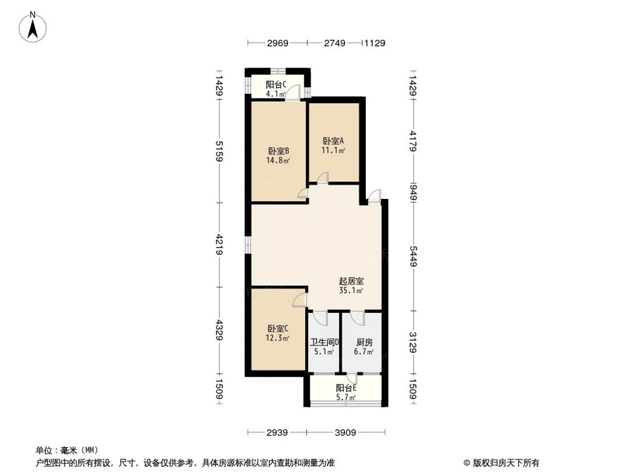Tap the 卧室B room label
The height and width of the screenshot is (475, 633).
tap(279, 151)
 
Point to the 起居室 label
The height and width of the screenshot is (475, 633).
tap(351, 281)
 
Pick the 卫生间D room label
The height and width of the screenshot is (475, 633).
tap(325, 343)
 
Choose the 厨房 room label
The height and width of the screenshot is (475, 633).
tap(363, 343)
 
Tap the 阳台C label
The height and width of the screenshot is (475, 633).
tap(276, 85)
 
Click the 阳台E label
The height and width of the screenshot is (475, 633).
tap(346, 388)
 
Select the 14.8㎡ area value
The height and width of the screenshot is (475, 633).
tap(279, 160)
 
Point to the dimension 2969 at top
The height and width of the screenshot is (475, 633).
tap(277, 43)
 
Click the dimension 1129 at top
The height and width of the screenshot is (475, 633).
tap(375, 43)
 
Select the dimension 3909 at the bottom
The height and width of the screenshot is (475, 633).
tap(345, 433)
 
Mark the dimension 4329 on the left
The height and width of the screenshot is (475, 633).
tap(219, 330)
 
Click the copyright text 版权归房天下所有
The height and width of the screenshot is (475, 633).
tap(504, 462)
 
